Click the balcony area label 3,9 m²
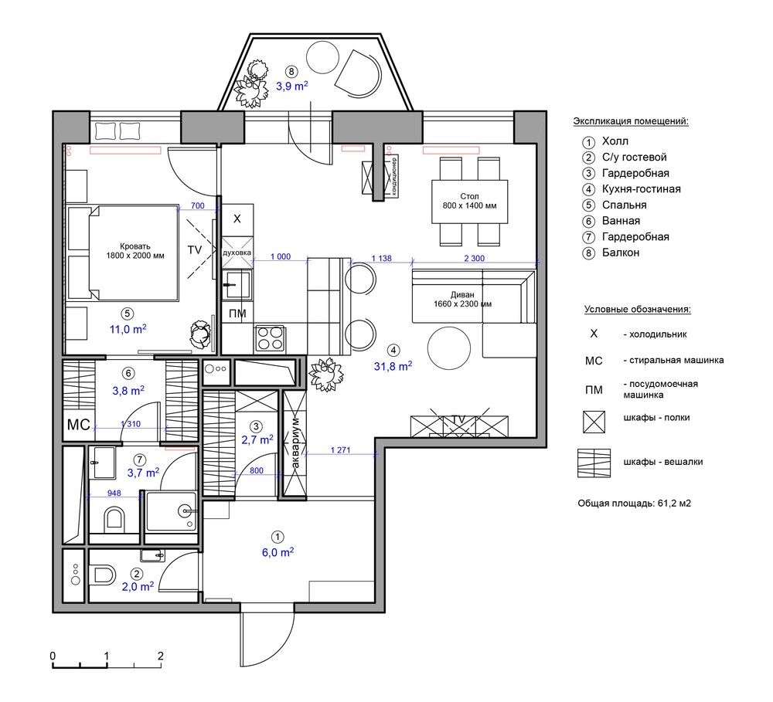[x=292, y=86]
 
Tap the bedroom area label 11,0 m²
[x=128, y=328]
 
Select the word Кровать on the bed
[x=135, y=246]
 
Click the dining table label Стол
[x=469, y=196]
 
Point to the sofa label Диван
[x=462, y=294]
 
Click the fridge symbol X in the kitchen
[x=237, y=219]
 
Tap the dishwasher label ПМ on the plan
[x=237, y=314]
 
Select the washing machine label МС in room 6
[x=79, y=425]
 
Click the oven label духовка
[x=237, y=253]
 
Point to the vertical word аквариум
[x=295, y=443]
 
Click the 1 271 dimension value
[x=340, y=449]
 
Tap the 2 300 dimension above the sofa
[x=475, y=258]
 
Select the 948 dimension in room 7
[x=114, y=493]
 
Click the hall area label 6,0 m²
[x=278, y=552]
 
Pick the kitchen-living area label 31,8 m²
[x=393, y=366]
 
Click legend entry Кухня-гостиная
[x=642, y=189]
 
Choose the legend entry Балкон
[x=621, y=253]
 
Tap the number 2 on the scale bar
[x=160, y=656]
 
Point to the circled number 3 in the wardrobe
[x=256, y=426]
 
